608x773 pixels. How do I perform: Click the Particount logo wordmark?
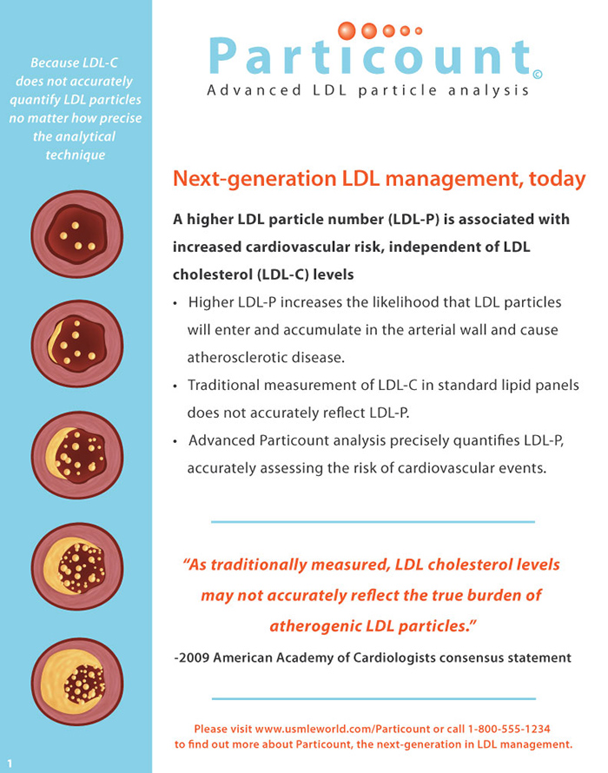[370, 56]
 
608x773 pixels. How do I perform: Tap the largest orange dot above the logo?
[347, 30]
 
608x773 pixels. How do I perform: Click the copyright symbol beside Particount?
[538, 75]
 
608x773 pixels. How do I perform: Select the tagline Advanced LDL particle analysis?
[368, 90]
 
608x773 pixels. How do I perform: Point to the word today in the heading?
[558, 178]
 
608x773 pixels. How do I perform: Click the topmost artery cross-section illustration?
[77, 235]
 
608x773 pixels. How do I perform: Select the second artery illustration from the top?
[77, 344]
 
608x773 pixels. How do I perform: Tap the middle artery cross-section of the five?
[77, 455]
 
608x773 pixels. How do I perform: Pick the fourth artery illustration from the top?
[77, 566]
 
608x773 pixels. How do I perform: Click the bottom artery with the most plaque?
[77, 682]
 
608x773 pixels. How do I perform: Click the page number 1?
[10, 763]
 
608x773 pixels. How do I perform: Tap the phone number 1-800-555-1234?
[509, 729]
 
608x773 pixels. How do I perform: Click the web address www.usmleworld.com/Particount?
[343, 729]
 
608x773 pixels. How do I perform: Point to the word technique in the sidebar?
[76, 155]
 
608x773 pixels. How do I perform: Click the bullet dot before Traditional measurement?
[175, 386]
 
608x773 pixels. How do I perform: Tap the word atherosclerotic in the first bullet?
[239, 358]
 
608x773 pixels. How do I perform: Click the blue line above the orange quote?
[373, 521]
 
